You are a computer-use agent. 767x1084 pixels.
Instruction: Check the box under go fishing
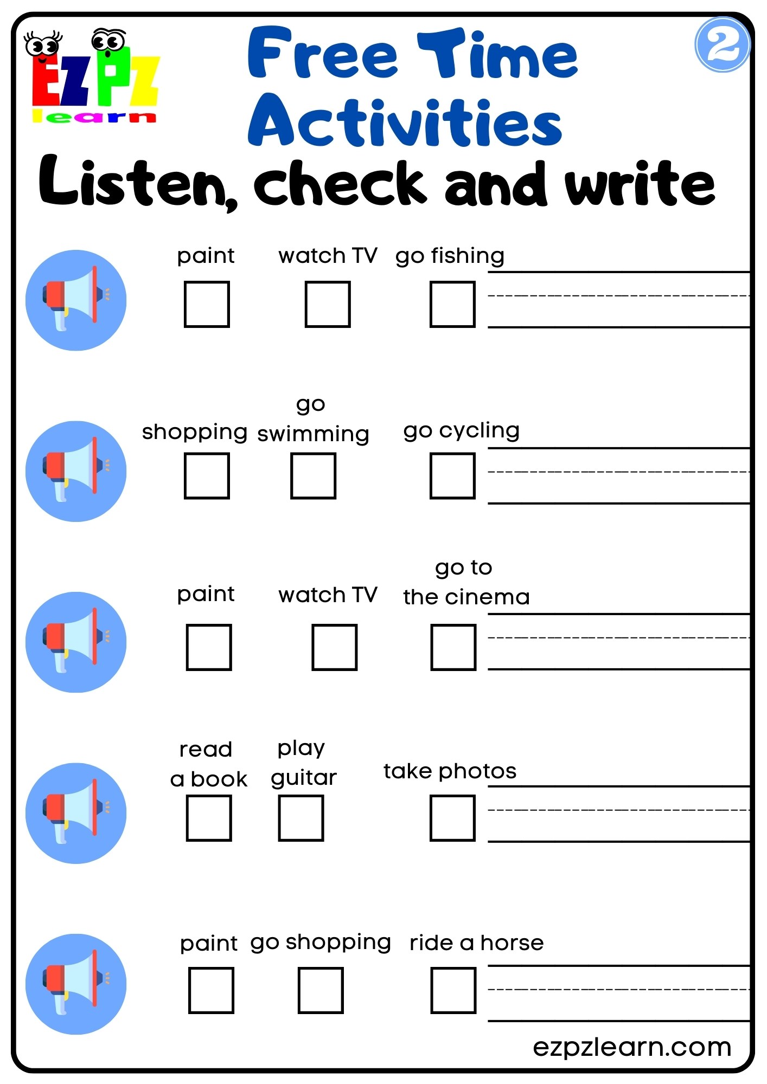[x=452, y=304]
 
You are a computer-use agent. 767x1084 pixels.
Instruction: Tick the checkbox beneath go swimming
[x=313, y=475]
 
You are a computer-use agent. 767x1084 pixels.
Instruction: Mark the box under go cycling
[x=452, y=475]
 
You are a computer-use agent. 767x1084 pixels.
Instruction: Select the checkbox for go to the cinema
[x=453, y=647]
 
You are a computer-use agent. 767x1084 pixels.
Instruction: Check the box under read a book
[x=209, y=818]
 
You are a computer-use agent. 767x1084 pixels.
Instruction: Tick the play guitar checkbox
[x=301, y=818]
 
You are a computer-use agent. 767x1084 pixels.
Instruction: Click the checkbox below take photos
[x=452, y=818]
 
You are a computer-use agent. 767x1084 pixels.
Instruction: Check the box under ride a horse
[x=453, y=990]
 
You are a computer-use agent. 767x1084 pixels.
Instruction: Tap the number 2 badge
[x=722, y=45]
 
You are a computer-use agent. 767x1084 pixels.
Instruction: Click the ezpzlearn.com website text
[x=632, y=1047]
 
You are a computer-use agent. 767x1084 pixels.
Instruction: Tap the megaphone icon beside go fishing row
[x=76, y=300]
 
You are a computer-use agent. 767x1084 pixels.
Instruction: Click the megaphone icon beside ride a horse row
[x=76, y=984]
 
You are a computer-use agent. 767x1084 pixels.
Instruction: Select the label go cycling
[x=461, y=431]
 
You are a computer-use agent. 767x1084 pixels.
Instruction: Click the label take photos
[x=450, y=771]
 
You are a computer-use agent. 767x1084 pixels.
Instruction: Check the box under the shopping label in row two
[x=207, y=475]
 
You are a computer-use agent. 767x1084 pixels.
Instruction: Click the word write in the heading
[x=640, y=184]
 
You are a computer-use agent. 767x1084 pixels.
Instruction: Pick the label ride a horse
[x=476, y=943]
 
